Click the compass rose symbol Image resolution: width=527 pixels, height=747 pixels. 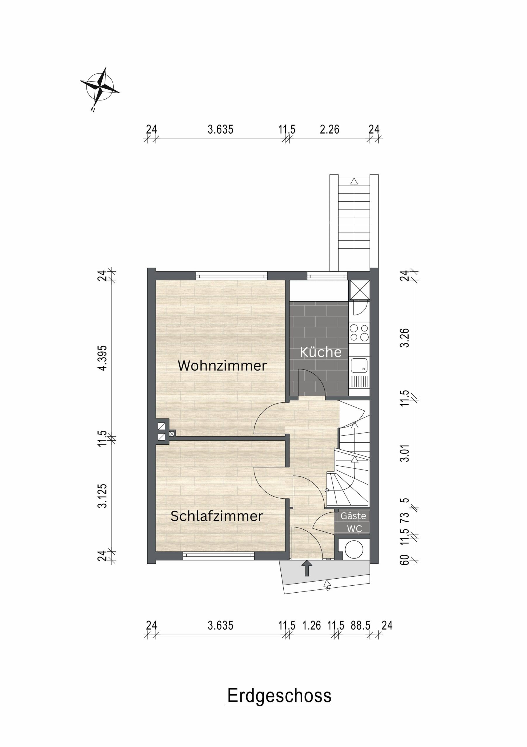100,87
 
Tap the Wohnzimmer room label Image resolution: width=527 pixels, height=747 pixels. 222,366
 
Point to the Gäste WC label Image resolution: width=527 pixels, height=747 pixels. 354,523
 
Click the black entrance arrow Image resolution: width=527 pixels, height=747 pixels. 306,568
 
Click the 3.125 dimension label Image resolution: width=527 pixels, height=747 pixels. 103,496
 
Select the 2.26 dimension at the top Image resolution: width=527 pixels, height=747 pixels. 329,130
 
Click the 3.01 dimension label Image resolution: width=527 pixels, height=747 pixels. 405,453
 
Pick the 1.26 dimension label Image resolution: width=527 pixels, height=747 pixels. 312,625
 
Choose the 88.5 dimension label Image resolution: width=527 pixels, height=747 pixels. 360,625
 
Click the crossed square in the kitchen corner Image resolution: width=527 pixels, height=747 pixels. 360,290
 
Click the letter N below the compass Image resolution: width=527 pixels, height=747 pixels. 93,110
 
